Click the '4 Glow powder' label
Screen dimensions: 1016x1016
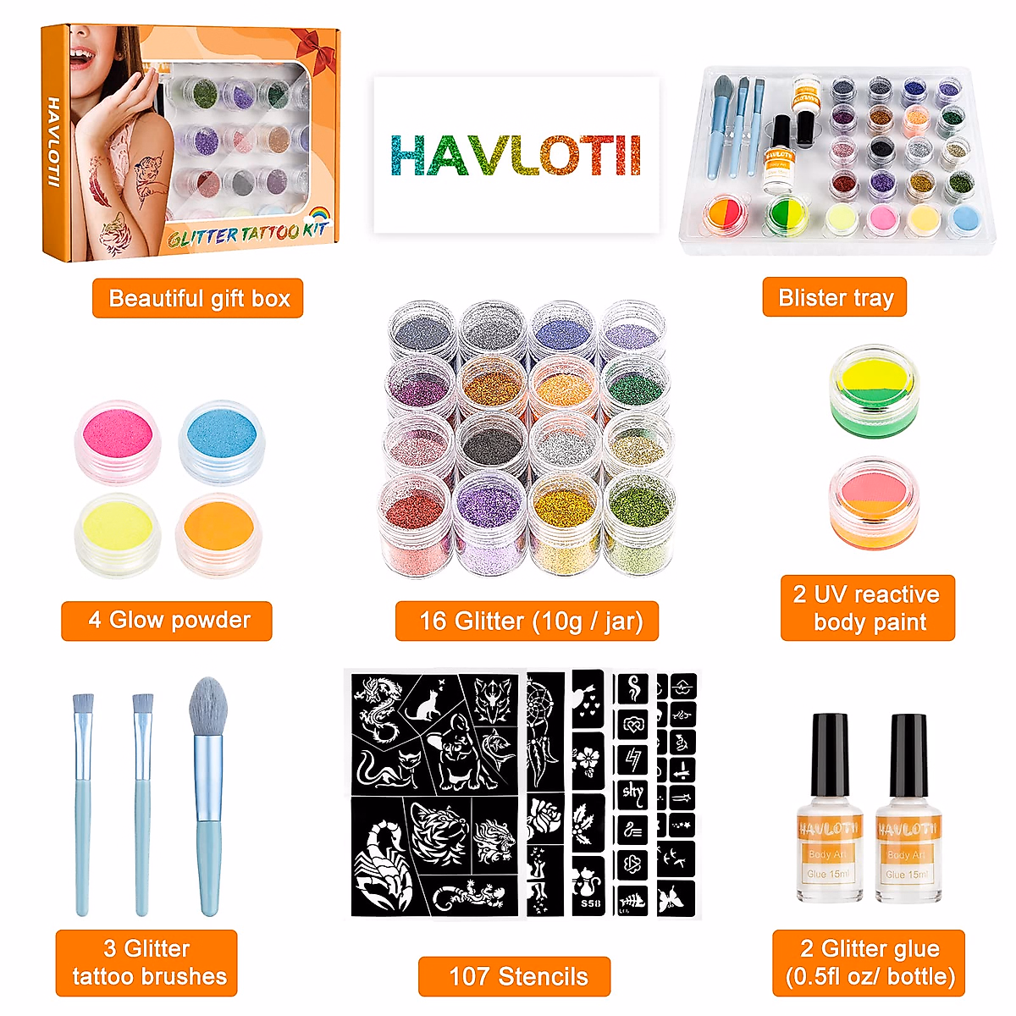(167, 621)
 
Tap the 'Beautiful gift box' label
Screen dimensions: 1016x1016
(197, 298)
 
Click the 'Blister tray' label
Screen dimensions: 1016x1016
(835, 297)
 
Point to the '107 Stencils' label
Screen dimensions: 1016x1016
(515, 976)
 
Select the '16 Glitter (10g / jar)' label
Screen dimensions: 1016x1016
(527, 621)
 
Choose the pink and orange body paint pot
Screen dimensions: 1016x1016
(874, 503)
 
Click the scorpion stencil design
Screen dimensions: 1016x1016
(382, 864)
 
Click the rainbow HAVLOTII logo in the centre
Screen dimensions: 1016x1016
(515, 156)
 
